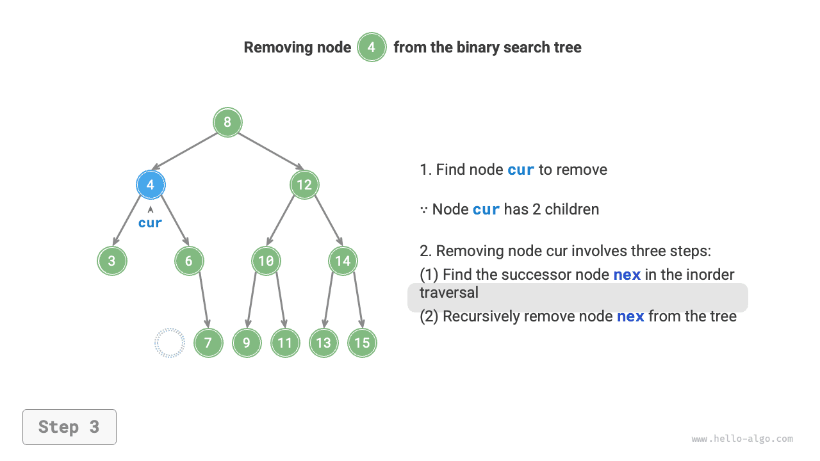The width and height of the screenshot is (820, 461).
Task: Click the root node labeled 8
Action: pos(227,122)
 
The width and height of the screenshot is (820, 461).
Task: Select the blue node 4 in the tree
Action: pos(151,185)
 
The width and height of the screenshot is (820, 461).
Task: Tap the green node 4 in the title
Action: pos(372,47)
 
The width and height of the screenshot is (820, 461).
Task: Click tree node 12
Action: pos(304,185)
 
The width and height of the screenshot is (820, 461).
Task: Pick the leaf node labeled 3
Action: pos(112,261)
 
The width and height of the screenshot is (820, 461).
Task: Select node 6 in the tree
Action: pos(189,261)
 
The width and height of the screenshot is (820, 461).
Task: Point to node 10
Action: pos(266,261)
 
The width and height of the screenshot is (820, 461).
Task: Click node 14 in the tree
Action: pos(343,261)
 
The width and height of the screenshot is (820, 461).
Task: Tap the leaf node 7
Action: pos(208,343)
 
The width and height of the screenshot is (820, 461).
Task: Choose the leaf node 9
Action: pos(247,343)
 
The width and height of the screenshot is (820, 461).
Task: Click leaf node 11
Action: pos(285,343)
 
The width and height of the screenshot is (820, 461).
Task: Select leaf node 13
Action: pos(324,343)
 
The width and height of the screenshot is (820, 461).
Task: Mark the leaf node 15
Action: pos(362,343)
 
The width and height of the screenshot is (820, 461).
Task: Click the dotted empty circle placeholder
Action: pos(170,343)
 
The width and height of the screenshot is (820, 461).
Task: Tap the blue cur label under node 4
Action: pos(151,223)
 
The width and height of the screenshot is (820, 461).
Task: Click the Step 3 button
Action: pos(69,427)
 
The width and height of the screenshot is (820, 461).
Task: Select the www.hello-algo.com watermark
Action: pos(742,439)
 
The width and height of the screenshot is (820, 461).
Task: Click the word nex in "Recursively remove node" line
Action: pos(630,316)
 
